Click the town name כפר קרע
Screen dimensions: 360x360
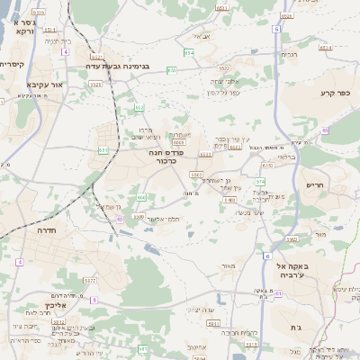(334, 93)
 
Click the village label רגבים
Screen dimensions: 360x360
(289, 55)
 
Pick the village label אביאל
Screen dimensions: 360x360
(202, 36)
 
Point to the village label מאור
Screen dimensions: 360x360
(228, 265)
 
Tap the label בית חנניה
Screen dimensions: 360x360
(56, 40)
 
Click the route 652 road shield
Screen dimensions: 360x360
(139, 107)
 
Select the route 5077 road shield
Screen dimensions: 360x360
(89, 282)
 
